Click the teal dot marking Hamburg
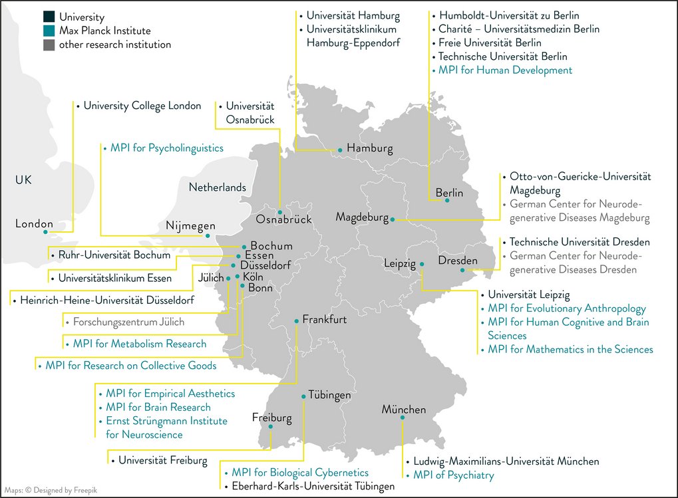pyautogui.click(x=340, y=151)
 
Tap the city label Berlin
pyautogui.click(x=449, y=193)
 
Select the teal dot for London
pyautogui.click(x=45, y=232)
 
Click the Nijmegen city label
pyautogui.click(x=190, y=227)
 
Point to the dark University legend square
pyautogui.click(x=49, y=17)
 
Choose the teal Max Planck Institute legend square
pyautogui.click(x=49, y=31)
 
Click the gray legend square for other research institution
pyautogui.click(x=49, y=45)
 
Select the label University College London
pyautogui.click(x=142, y=106)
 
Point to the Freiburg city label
pyautogui.click(x=271, y=418)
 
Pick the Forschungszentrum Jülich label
pyautogui.click(x=128, y=322)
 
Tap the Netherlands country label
pyautogui.click(x=217, y=187)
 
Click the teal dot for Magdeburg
pyautogui.click(x=393, y=219)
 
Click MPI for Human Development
pyautogui.click(x=505, y=70)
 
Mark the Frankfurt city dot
pyautogui.click(x=297, y=320)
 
